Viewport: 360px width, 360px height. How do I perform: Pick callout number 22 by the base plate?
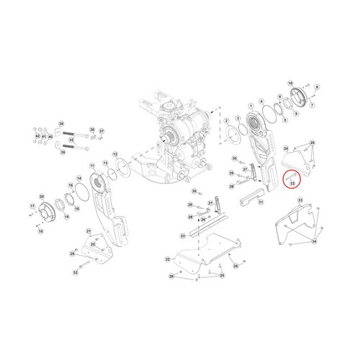pos(167,258)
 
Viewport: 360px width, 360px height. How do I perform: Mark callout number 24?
pos(286,148)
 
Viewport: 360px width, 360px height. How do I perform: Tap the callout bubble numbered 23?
pos(183,235)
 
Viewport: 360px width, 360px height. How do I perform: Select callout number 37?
pos(102,132)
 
